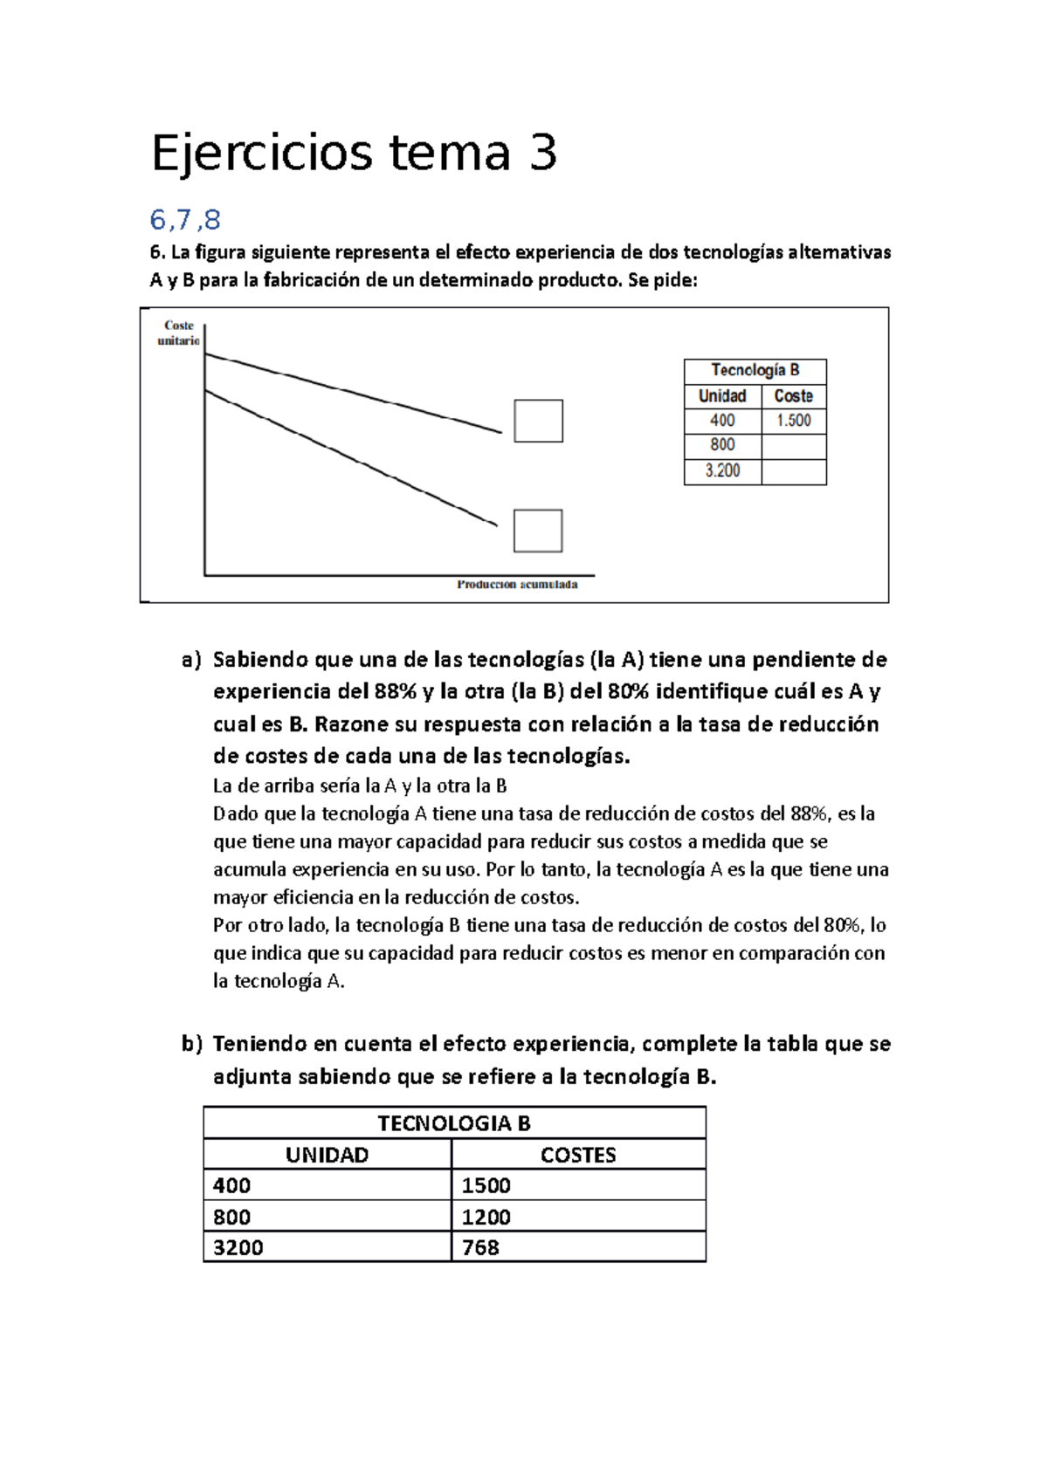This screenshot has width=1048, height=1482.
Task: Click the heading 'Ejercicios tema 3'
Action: click(354, 153)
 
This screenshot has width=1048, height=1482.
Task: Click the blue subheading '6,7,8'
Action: click(185, 219)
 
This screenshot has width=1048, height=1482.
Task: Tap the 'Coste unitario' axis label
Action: click(179, 333)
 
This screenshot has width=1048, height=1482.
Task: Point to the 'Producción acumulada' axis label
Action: click(517, 584)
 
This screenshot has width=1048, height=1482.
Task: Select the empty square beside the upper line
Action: click(538, 421)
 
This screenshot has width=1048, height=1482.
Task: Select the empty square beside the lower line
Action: click(538, 531)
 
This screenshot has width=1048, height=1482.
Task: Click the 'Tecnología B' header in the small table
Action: click(755, 370)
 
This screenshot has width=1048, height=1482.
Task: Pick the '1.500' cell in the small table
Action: click(793, 421)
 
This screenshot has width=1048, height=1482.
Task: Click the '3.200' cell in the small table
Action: click(722, 470)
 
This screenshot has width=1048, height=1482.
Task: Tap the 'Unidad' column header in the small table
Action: click(722, 395)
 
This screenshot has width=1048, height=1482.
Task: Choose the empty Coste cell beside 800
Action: click(793, 445)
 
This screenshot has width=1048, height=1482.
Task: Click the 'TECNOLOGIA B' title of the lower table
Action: click(454, 1123)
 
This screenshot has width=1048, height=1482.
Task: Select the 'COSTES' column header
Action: click(578, 1155)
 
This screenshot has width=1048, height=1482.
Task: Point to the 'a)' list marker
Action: click(191, 660)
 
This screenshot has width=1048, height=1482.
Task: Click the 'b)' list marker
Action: click(191, 1044)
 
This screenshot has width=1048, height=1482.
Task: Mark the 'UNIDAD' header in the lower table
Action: click(327, 1155)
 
